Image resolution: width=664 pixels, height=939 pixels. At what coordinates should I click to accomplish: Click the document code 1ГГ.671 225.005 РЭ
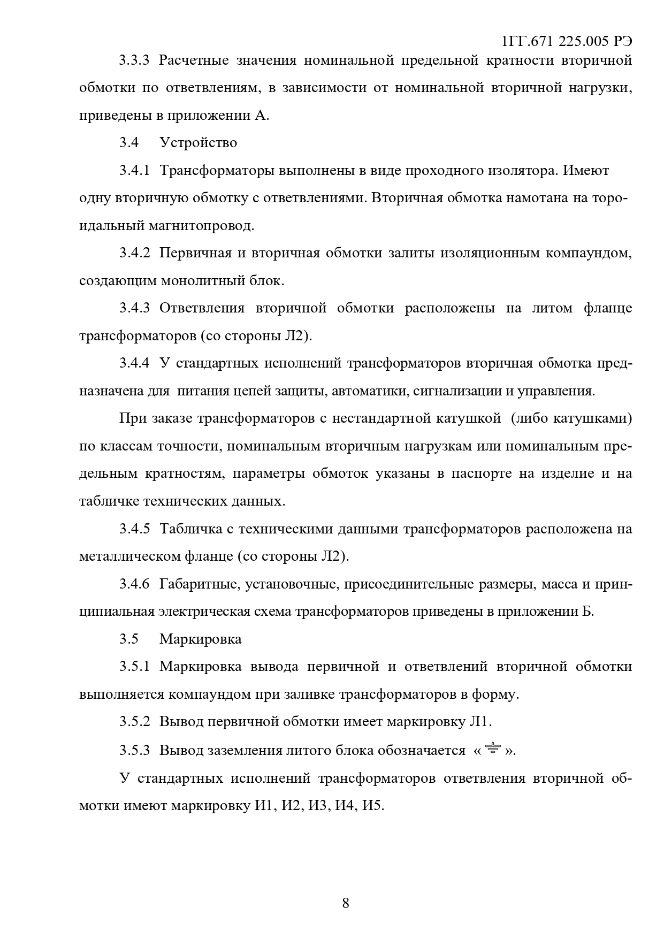[568, 42]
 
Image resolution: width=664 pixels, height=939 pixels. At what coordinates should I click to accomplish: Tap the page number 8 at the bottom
[345, 903]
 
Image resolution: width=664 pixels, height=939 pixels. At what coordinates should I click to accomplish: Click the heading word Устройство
[198, 143]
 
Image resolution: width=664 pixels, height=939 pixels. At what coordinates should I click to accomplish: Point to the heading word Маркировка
[200, 639]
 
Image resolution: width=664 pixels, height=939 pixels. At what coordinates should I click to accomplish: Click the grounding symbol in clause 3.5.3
[492, 749]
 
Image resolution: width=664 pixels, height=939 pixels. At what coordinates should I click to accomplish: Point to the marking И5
[372, 805]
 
